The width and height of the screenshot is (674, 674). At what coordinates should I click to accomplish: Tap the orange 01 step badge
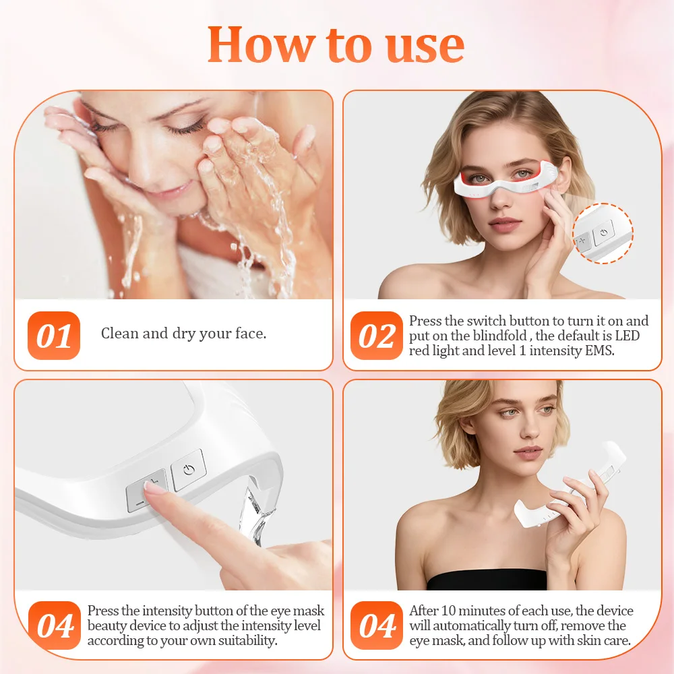(x=54, y=335)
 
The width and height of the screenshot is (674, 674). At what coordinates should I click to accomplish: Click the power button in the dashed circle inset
(x=603, y=233)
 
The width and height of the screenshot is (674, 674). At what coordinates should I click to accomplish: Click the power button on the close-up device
(x=188, y=470)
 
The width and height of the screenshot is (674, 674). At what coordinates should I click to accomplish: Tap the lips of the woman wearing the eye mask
(x=506, y=222)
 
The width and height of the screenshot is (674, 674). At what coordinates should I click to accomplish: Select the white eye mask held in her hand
(x=539, y=506)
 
